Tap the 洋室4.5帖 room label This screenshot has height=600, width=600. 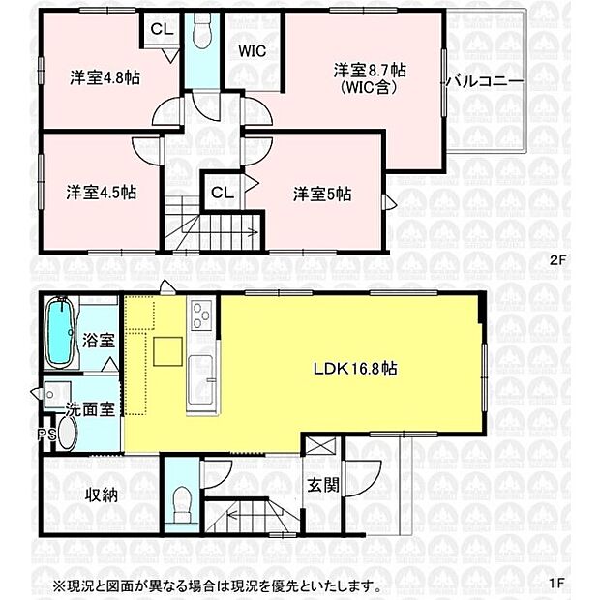click(x=101, y=192)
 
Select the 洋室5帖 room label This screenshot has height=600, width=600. click(x=322, y=194)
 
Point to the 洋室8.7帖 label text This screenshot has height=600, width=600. click(x=370, y=70)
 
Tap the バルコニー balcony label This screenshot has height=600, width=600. click(x=484, y=81)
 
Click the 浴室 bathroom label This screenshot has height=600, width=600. click(x=98, y=341)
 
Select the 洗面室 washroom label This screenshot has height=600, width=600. click(x=87, y=409)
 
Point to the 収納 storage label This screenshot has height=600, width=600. click(x=101, y=495)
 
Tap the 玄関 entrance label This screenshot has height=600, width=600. click(x=323, y=485)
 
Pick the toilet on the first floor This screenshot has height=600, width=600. click(x=179, y=501)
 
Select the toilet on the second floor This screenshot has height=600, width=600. click(x=200, y=33)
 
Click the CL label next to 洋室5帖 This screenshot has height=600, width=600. click(x=221, y=191)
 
